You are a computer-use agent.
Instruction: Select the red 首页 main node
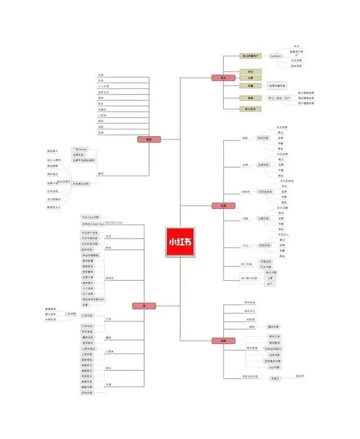(x=223, y=78)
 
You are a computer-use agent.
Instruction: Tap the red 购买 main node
(x=149, y=139)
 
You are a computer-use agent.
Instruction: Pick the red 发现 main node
(x=223, y=205)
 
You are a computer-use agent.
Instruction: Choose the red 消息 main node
(x=223, y=341)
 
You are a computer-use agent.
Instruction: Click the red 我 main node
(x=144, y=306)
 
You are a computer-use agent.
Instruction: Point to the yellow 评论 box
(x=250, y=72)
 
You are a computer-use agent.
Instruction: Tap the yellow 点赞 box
(x=250, y=78)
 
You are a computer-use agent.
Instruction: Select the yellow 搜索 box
(x=250, y=98)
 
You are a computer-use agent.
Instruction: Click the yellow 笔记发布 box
(x=250, y=109)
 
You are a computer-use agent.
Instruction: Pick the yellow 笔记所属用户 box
(x=250, y=56)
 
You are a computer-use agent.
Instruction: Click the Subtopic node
(x=276, y=56)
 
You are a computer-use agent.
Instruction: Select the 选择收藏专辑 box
(x=276, y=86)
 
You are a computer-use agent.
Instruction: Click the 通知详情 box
(x=273, y=326)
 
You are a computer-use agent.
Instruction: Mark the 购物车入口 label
(x=54, y=207)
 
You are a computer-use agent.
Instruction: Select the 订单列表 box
(x=88, y=316)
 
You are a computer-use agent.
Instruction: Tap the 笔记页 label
(x=300, y=375)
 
